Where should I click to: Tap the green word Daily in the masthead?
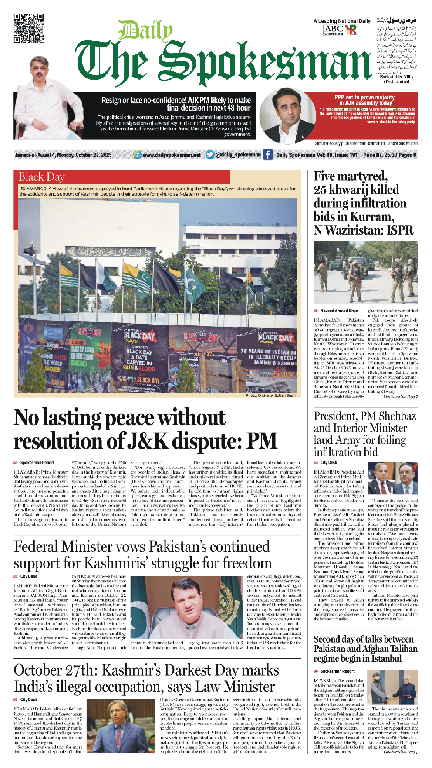145,32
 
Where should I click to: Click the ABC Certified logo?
334,30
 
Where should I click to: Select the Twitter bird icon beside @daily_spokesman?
210,155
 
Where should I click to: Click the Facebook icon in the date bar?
267,155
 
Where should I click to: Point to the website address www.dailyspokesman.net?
172,155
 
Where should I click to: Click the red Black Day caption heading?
41,177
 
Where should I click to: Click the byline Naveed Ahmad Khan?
339,311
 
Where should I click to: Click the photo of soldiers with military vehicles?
365,272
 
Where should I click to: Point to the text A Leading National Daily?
341,21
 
